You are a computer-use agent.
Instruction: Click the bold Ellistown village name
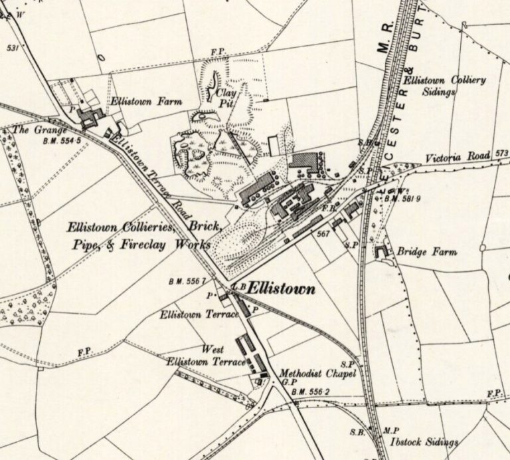click(282, 290)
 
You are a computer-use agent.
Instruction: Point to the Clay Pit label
click(226, 98)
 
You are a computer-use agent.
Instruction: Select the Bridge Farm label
click(427, 253)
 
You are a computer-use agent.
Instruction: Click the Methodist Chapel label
click(318, 374)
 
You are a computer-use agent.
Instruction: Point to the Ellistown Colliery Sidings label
click(445, 86)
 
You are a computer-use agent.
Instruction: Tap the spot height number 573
click(501, 154)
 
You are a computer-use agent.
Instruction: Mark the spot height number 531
click(13, 48)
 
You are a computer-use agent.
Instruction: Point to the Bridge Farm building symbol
click(381, 252)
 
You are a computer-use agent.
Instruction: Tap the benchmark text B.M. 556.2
click(310, 392)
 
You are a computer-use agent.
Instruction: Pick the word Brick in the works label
click(205, 227)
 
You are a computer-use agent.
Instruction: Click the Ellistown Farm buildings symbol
click(89, 118)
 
